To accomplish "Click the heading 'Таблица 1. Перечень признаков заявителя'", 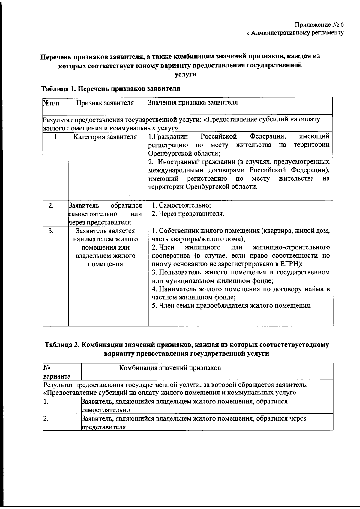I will [x=110, y=88].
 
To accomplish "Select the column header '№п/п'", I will [x=51, y=103].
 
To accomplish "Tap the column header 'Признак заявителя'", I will [x=105, y=103].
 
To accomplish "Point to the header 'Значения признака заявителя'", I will [x=193, y=103].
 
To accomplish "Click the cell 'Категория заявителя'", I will [x=105, y=137].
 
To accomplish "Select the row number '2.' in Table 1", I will [x=51, y=205].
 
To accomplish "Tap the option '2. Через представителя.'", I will [x=188, y=214].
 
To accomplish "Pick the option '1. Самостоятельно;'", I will [x=181, y=205].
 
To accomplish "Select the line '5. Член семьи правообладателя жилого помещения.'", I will [x=232, y=306].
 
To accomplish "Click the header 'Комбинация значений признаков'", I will [x=170, y=368].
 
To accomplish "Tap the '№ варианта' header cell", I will [x=57, y=372].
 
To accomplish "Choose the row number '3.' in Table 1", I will [x=51, y=231].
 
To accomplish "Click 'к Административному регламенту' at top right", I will [x=295, y=33].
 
